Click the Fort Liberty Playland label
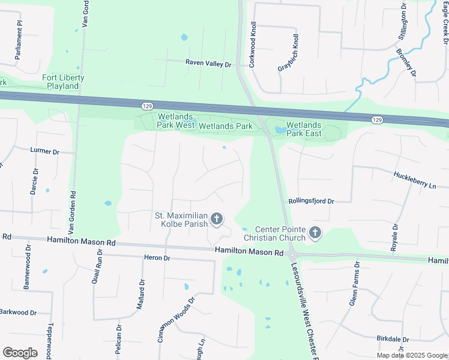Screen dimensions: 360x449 [63, 82]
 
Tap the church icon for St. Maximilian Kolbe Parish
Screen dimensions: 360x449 [216, 219]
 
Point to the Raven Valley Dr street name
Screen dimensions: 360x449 [208, 64]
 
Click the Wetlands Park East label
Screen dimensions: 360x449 [304, 129]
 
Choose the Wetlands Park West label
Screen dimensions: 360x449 [175, 122]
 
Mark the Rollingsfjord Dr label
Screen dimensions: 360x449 [310, 202]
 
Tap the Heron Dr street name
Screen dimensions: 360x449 [157, 258]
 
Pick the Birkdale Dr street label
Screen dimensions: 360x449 [393, 339]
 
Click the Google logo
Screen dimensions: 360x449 [20, 353]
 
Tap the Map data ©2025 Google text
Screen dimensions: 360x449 [412, 355]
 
